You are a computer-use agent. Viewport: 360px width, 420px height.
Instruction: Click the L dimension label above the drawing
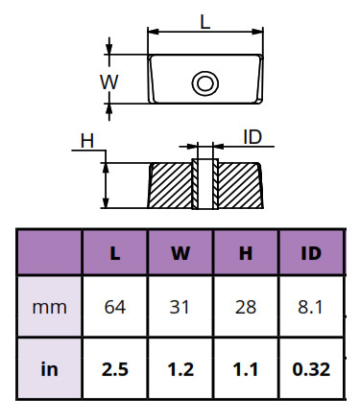(205, 22)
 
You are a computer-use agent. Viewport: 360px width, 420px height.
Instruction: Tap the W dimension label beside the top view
(109, 82)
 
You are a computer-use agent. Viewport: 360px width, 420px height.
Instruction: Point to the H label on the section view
(87, 141)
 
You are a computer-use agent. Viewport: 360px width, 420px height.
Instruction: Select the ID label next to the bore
(252, 137)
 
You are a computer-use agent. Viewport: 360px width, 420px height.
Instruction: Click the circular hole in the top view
(205, 83)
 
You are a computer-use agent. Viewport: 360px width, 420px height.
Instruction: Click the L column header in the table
(115, 253)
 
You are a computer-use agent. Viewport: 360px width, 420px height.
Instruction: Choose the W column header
(180, 253)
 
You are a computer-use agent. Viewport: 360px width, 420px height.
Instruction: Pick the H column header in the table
(246, 253)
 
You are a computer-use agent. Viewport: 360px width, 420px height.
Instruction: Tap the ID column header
(311, 253)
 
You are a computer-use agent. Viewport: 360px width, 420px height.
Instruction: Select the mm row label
(50, 308)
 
